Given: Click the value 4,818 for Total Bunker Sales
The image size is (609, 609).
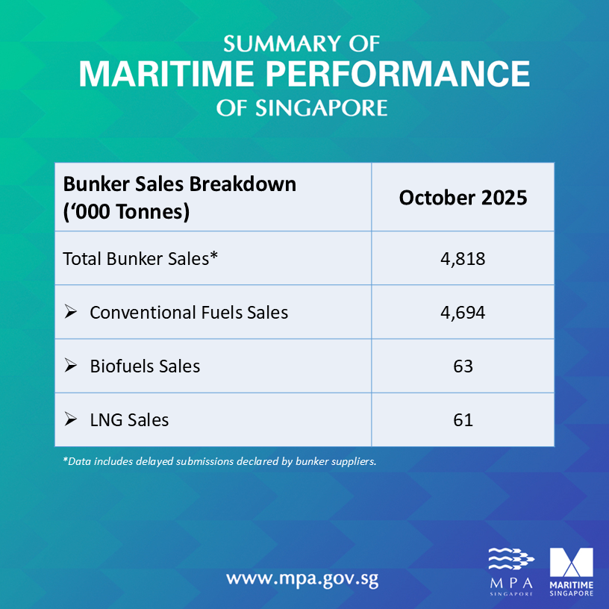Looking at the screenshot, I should click(463, 259).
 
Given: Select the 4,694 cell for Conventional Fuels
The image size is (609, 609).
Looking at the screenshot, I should click(463, 313).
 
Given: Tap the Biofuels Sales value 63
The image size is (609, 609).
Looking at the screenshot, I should click(463, 366).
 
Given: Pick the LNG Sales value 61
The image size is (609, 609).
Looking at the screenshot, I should click(463, 420).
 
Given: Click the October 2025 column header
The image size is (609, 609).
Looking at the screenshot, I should click(463, 198).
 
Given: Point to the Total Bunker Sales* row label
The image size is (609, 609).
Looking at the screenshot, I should click(140, 259).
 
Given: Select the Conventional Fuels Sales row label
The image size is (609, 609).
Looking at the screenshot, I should click(189, 313).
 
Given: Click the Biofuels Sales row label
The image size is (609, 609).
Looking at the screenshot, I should click(145, 366).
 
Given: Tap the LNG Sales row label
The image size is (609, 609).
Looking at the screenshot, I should click(129, 420).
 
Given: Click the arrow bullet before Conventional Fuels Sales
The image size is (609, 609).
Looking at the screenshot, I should click(71, 313).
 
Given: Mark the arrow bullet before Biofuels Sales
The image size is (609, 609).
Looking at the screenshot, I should click(71, 366).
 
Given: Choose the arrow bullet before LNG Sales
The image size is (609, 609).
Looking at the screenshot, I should click(71, 420).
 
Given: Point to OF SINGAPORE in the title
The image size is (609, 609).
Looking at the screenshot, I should click(302, 108).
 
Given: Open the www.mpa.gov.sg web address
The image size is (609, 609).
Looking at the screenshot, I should click(302, 578).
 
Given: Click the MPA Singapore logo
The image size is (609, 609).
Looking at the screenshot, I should click(511, 571).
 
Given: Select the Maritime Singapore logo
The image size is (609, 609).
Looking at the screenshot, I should click(571, 571).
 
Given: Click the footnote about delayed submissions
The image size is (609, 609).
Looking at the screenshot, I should click(219, 461).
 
